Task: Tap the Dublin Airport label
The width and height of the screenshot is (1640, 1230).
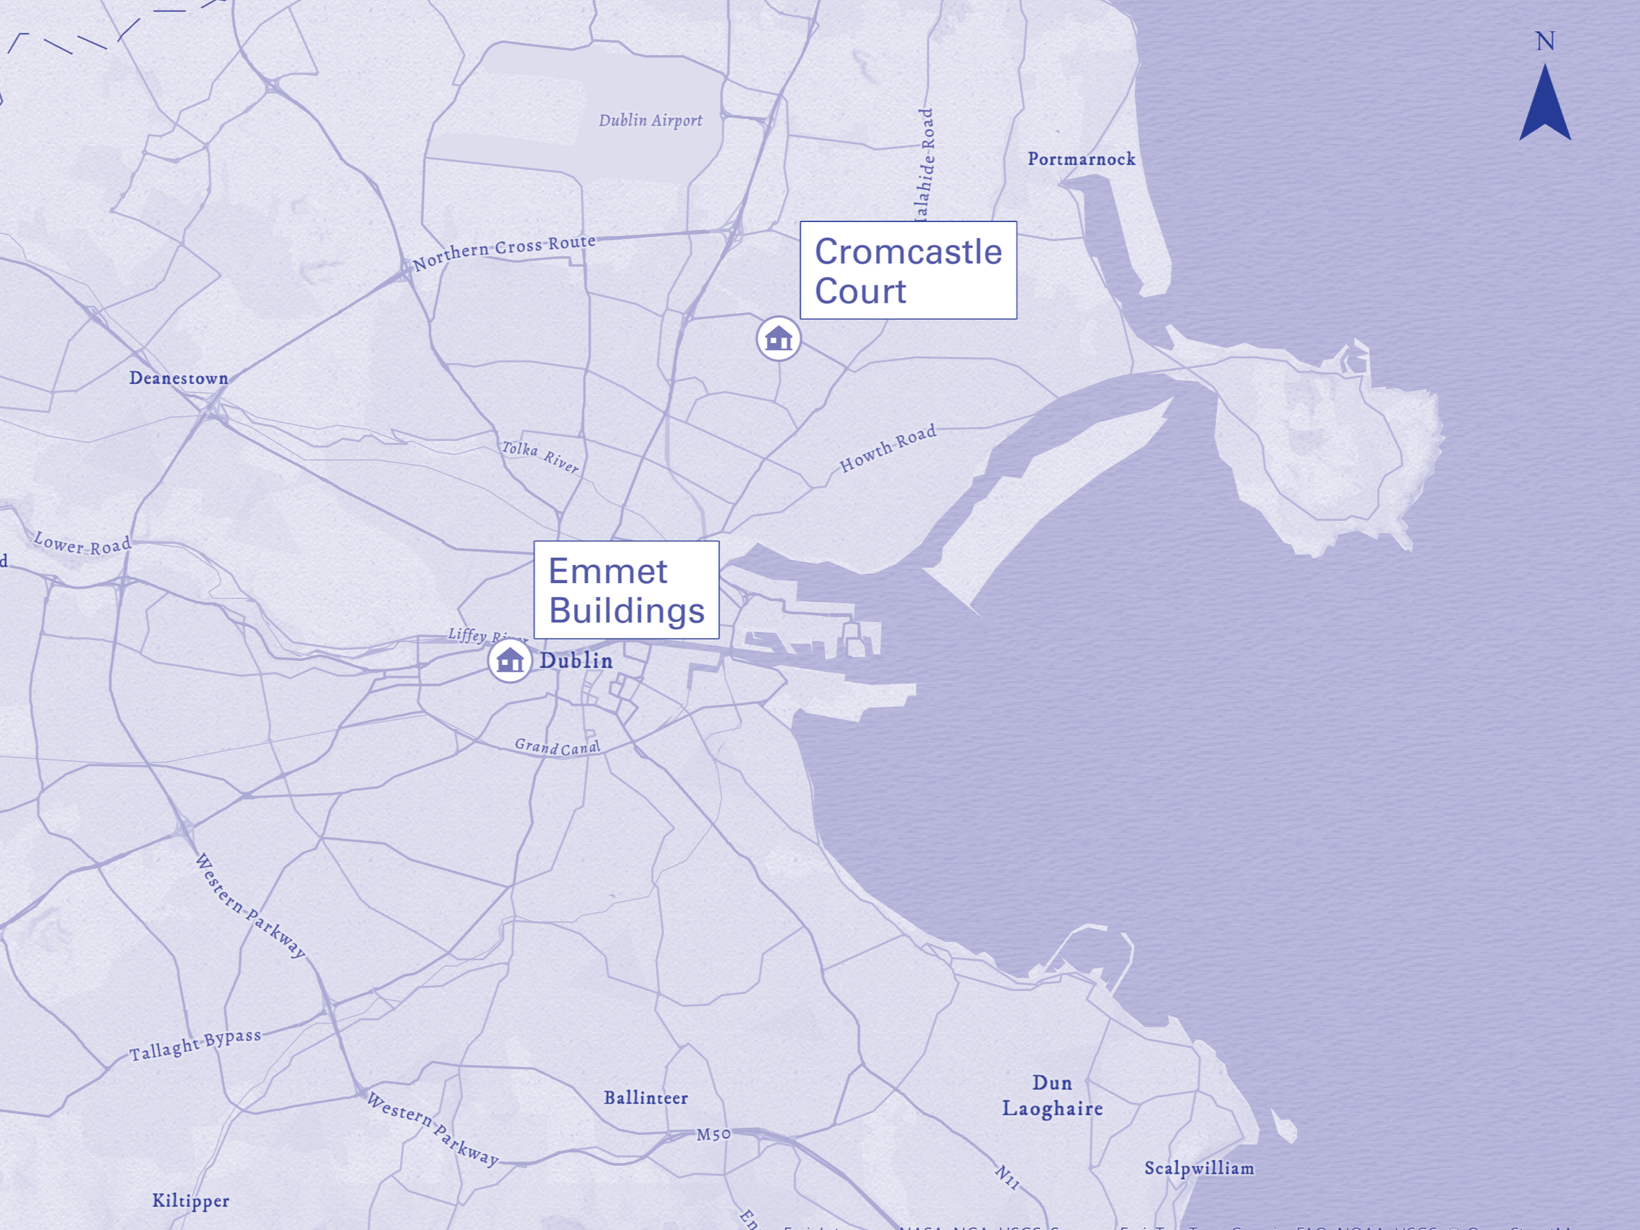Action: tap(650, 120)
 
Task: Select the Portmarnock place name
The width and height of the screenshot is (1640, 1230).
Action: tap(1081, 159)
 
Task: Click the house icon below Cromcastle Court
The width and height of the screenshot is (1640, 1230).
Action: tap(779, 339)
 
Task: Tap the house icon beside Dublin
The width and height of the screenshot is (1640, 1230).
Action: tap(510, 660)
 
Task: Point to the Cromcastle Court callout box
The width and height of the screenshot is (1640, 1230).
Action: tap(908, 271)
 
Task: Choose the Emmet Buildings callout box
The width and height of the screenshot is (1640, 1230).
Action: tap(626, 590)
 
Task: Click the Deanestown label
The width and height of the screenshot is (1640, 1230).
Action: tap(179, 378)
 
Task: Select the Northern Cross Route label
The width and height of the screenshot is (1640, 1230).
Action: tap(504, 252)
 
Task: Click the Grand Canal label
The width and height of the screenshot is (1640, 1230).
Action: tap(557, 746)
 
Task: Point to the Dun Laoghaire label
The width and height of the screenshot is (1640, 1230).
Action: tap(1052, 1096)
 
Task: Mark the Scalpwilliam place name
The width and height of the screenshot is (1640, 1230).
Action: tap(1199, 1169)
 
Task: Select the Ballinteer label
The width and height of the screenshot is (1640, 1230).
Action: tap(645, 1098)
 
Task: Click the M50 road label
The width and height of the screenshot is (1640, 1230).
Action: tap(713, 1135)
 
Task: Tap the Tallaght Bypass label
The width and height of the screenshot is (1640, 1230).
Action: tap(195, 1045)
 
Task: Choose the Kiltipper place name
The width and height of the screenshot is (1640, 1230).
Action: tap(191, 1201)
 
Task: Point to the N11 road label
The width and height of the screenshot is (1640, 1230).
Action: tap(1006, 1176)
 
